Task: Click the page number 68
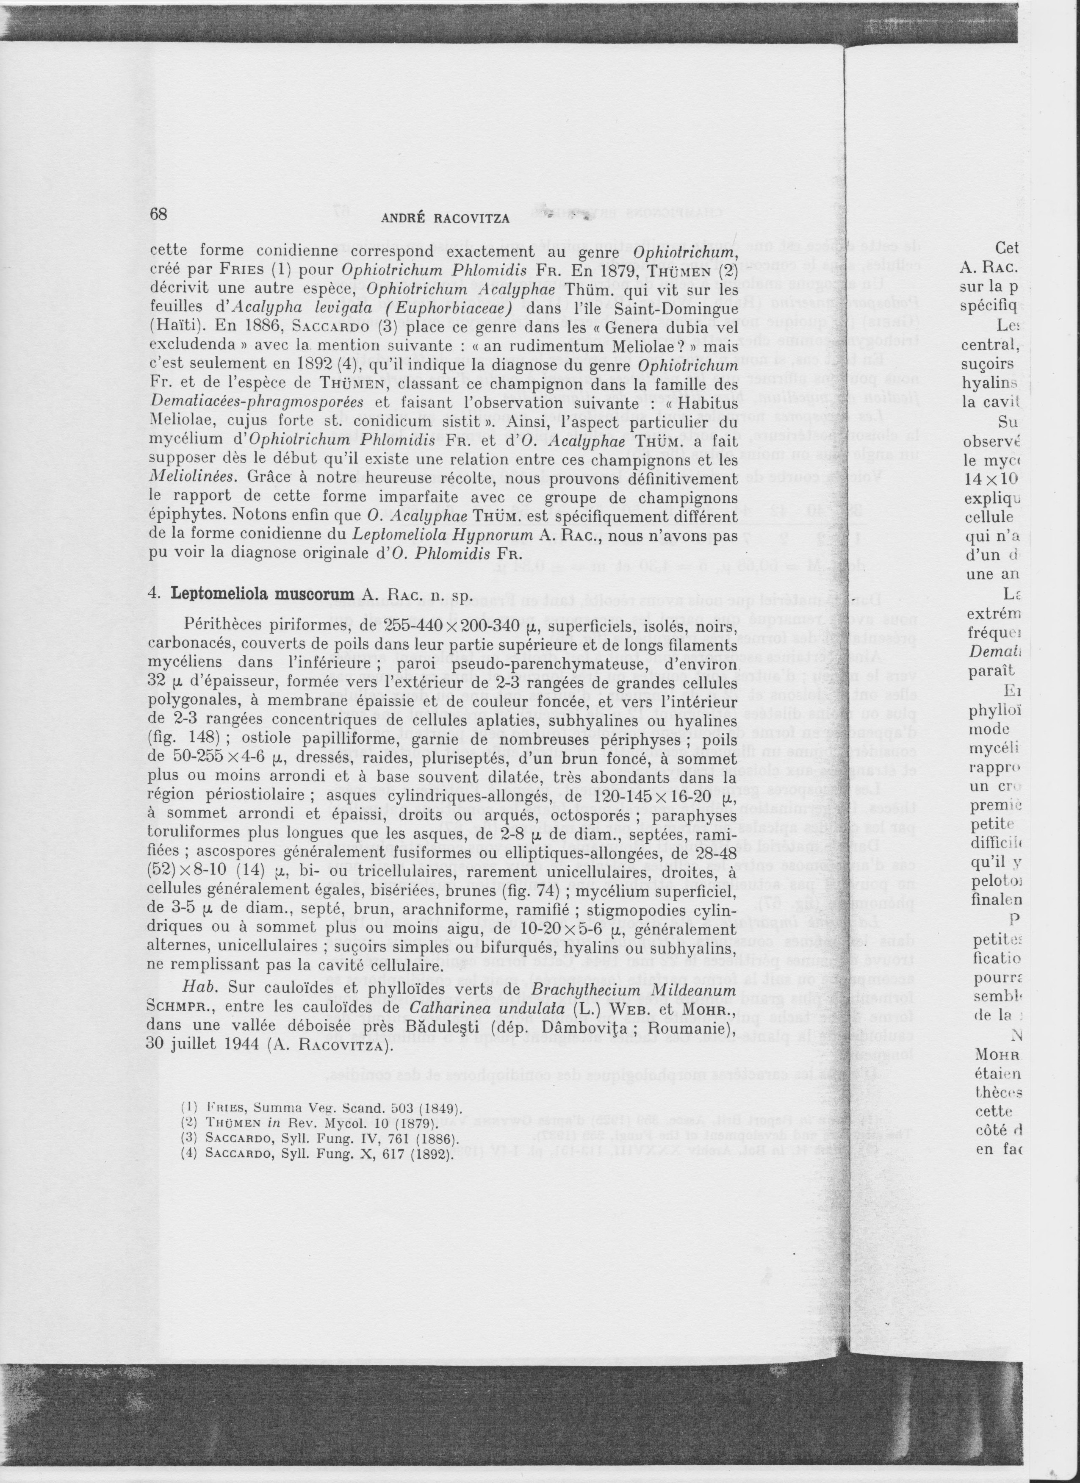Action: click(x=159, y=214)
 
